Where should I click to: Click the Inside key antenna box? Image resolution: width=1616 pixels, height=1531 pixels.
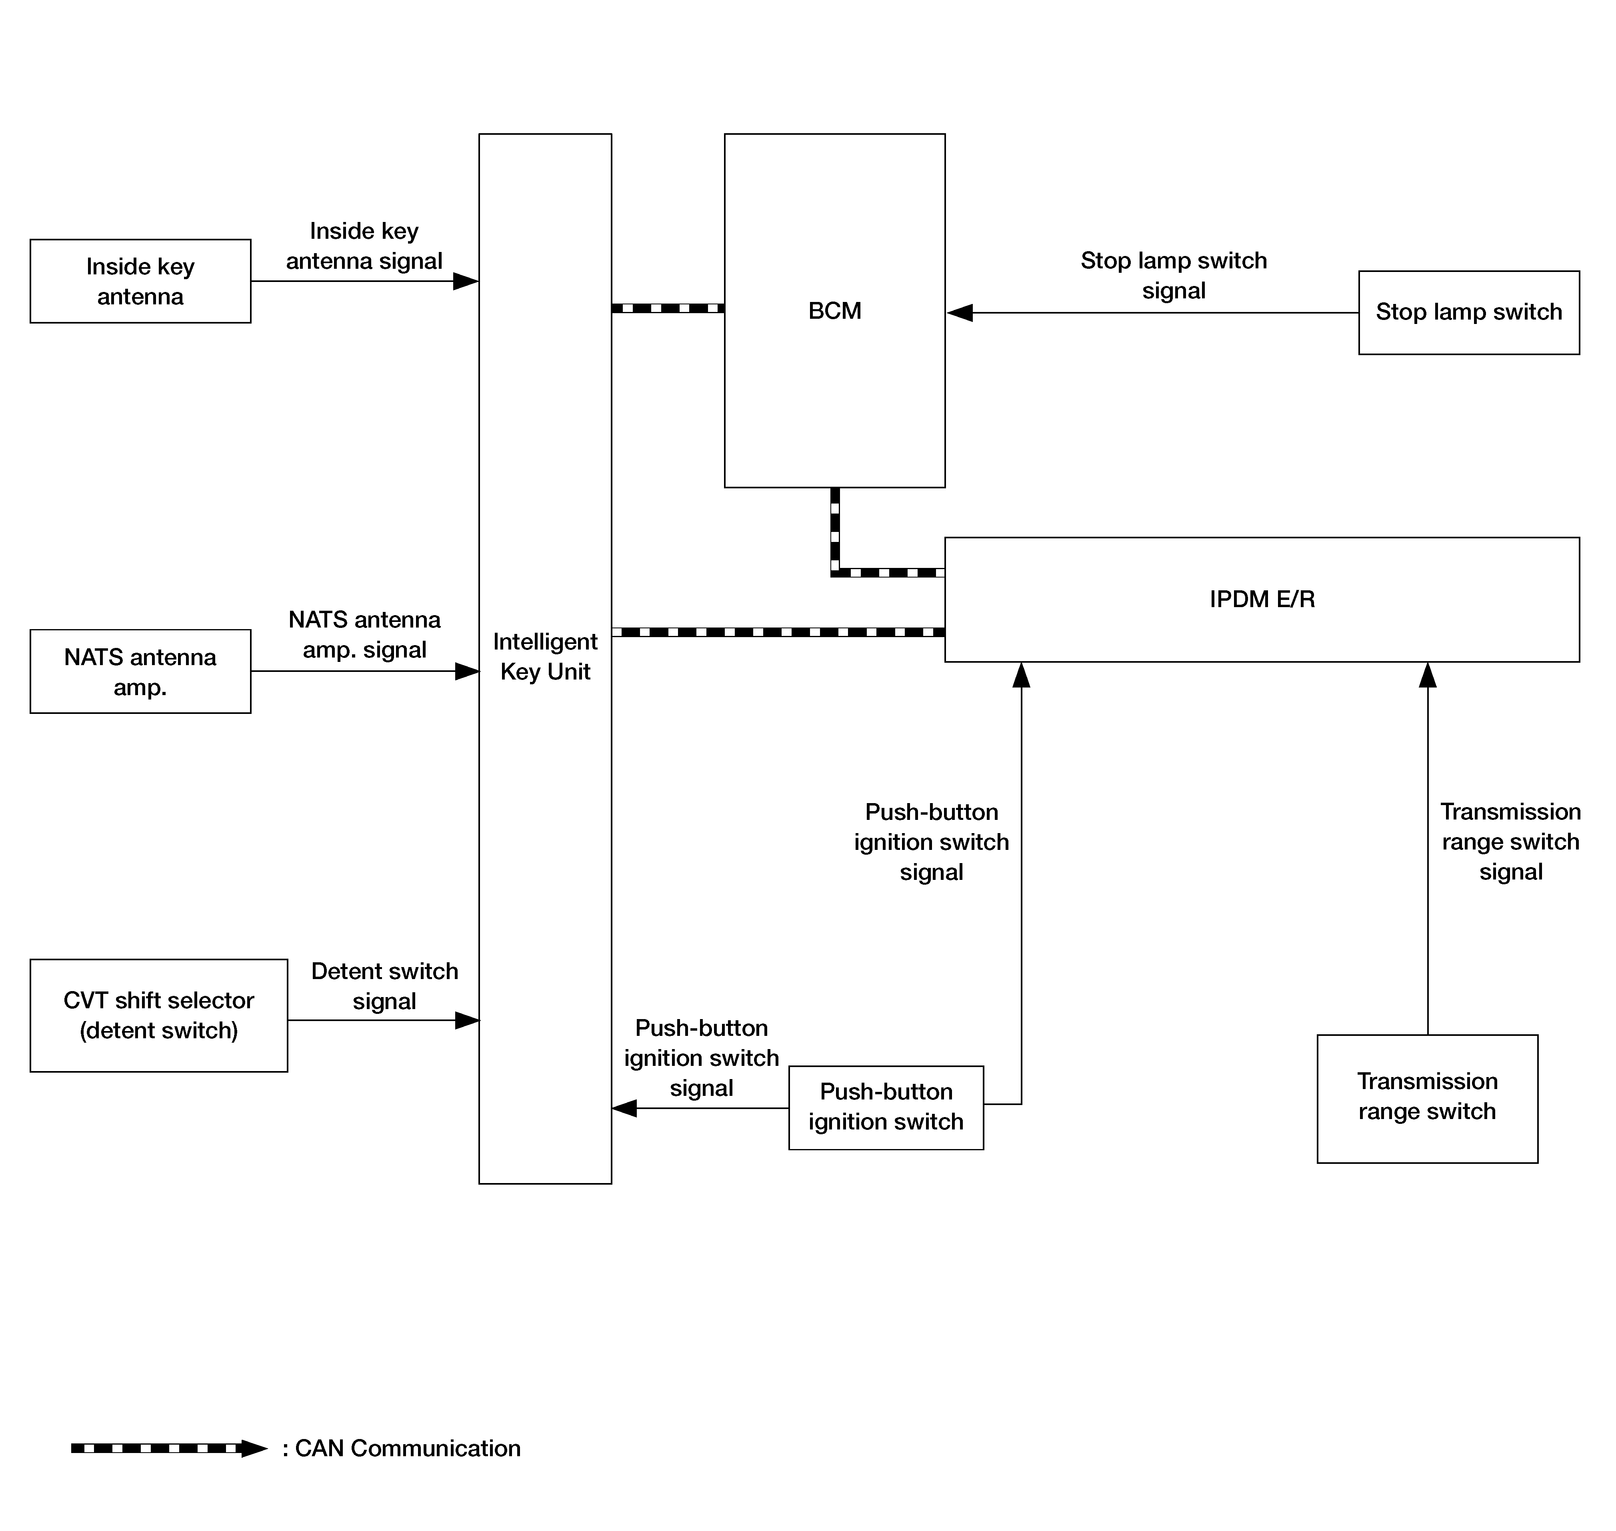click(140, 281)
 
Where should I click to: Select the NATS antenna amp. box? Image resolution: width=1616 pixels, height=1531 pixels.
click(140, 671)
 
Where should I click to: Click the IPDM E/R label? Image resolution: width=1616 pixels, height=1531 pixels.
click(1262, 599)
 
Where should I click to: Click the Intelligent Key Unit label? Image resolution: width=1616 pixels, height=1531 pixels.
click(545, 656)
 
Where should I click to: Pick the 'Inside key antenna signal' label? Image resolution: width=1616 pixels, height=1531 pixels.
click(364, 246)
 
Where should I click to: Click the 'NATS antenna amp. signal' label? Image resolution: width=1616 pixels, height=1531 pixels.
click(364, 634)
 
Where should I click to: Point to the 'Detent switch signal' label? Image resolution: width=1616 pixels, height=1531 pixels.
click(384, 986)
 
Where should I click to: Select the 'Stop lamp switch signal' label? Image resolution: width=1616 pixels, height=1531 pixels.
click(1174, 275)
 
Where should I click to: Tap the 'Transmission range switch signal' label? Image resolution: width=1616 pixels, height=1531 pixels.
click(1511, 841)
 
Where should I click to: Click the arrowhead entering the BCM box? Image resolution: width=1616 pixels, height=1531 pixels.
click(960, 313)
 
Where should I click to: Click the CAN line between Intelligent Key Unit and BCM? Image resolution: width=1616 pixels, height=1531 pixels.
click(668, 308)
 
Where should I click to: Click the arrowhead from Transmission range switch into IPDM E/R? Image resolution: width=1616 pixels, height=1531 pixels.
click(1428, 675)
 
